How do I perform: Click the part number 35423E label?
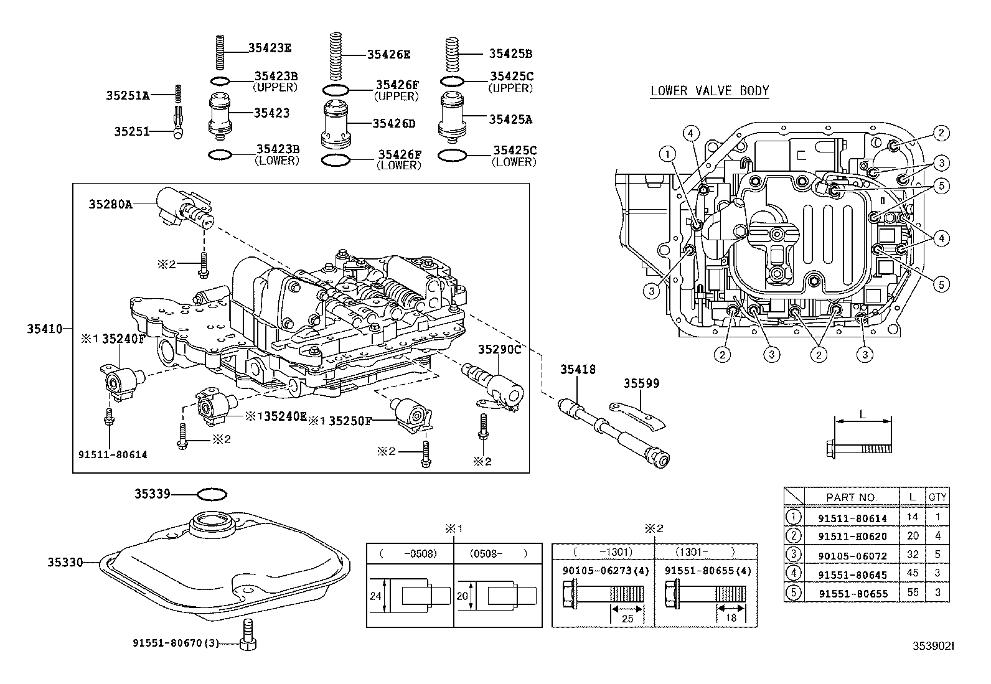click(270, 47)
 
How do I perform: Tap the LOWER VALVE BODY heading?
click(710, 91)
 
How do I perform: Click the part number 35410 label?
click(44, 328)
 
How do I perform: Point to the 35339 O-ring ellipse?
click(212, 494)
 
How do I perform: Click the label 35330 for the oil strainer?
click(65, 562)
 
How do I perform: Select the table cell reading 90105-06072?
click(852, 556)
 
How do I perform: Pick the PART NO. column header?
click(851, 497)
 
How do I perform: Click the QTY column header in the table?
click(937, 497)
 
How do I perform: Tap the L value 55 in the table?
click(913, 593)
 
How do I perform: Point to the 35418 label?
click(578, 370)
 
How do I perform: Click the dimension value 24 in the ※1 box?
click(375, 596)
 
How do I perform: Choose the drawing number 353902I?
click(932, 647)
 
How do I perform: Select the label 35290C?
click(499, 350)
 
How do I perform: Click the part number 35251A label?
click(127, 95)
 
